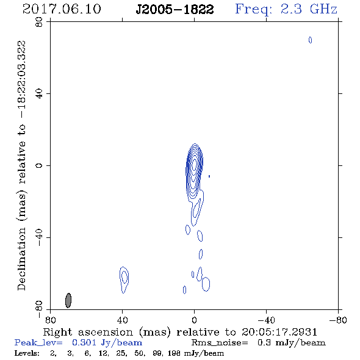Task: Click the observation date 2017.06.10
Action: point(62,9)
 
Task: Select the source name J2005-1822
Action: point(175,10)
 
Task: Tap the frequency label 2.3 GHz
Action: point(309,9)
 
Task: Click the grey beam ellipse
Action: point(68,300)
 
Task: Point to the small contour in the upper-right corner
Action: point(310,40)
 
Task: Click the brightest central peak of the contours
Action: point(195,164)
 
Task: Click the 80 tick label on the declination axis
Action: point(39,22)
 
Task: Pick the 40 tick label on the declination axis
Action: point(39,94)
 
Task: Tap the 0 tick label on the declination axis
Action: point(39,165)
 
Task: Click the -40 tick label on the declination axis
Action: point(39,237)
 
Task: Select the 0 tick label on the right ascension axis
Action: point(194,320)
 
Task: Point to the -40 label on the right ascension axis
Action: point(266,320)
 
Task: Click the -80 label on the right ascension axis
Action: point(338,320)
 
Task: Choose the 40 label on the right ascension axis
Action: point(123,320)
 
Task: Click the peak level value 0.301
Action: point(84,342)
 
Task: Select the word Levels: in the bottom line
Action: point(27,353)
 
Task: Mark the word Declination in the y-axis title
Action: point(21,259)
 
